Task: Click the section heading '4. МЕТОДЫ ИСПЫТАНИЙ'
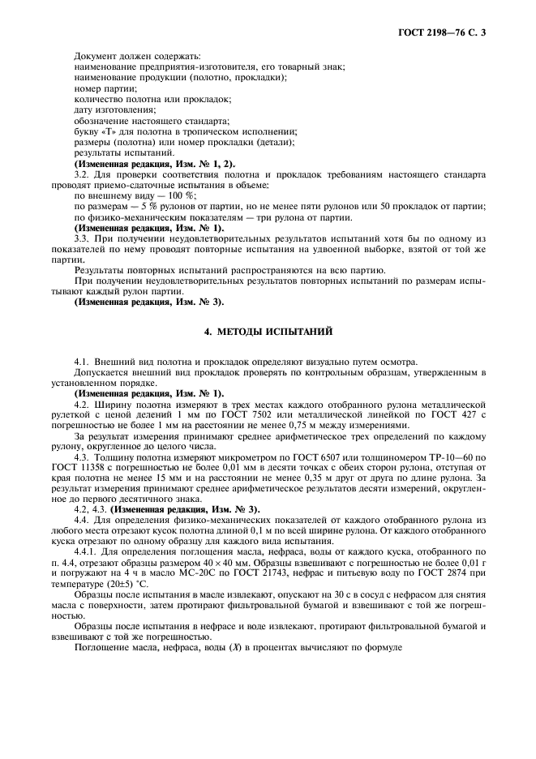tap(268, 332)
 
